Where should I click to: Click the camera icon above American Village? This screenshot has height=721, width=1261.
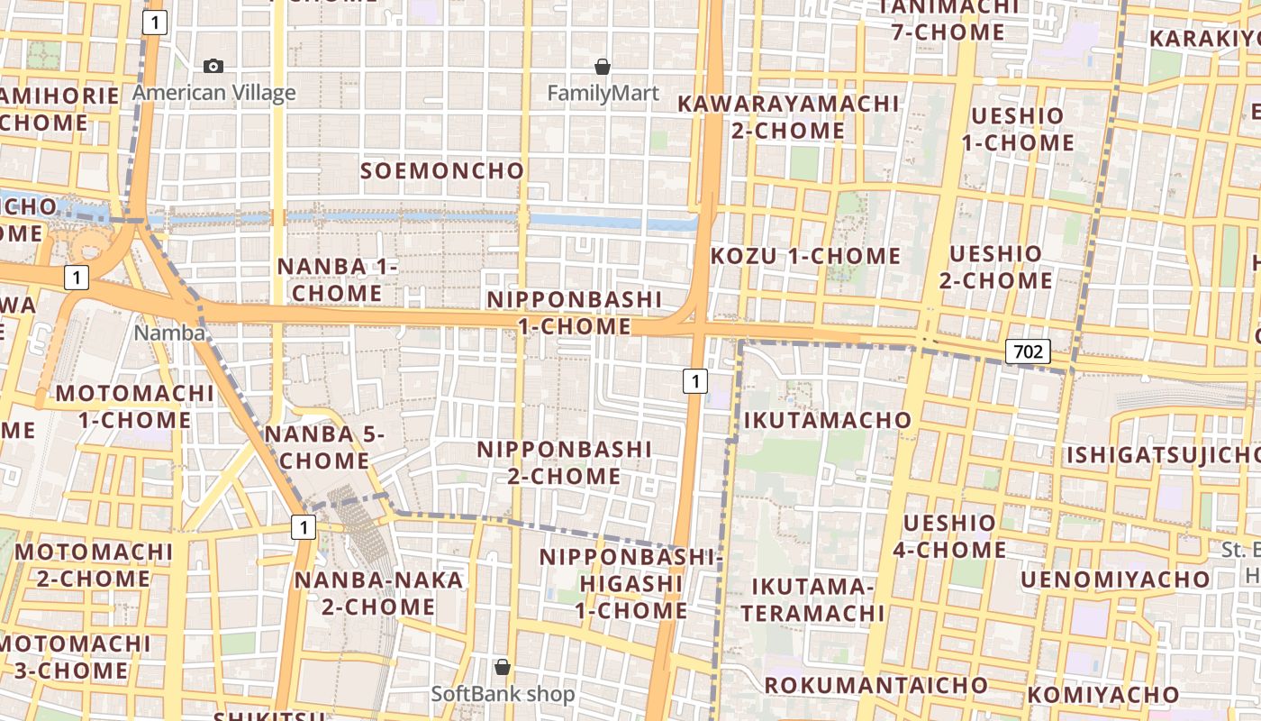(213, 66)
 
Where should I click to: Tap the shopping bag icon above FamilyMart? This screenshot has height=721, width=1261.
(603, 67)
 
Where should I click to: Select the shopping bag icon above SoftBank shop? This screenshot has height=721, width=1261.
(503, 667)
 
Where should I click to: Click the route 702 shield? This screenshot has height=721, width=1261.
(1028, 351)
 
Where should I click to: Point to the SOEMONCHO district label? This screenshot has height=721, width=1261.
(442, 170)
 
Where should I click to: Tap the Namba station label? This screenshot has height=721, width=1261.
(169, 333)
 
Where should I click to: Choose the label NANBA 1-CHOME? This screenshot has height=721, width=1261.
(337, 279)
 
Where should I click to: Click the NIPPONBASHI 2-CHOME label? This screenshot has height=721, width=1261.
(564, 462)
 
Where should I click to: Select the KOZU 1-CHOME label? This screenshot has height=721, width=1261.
(805, 256)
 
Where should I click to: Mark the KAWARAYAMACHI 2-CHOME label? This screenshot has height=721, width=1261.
(788, 117)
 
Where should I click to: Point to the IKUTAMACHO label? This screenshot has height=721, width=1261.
(828, 420)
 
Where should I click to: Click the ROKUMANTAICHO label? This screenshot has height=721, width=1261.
(875, 685)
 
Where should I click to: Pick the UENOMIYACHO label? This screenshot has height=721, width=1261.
(1115, 580)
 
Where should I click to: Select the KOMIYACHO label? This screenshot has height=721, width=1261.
(1103, 695)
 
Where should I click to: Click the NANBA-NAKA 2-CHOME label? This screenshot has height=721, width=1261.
(378, 593)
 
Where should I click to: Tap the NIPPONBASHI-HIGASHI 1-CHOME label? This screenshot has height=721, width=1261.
(631, 584)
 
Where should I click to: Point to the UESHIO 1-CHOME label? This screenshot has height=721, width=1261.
(1018, 129)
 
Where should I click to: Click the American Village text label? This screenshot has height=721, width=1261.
(214, 93)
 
